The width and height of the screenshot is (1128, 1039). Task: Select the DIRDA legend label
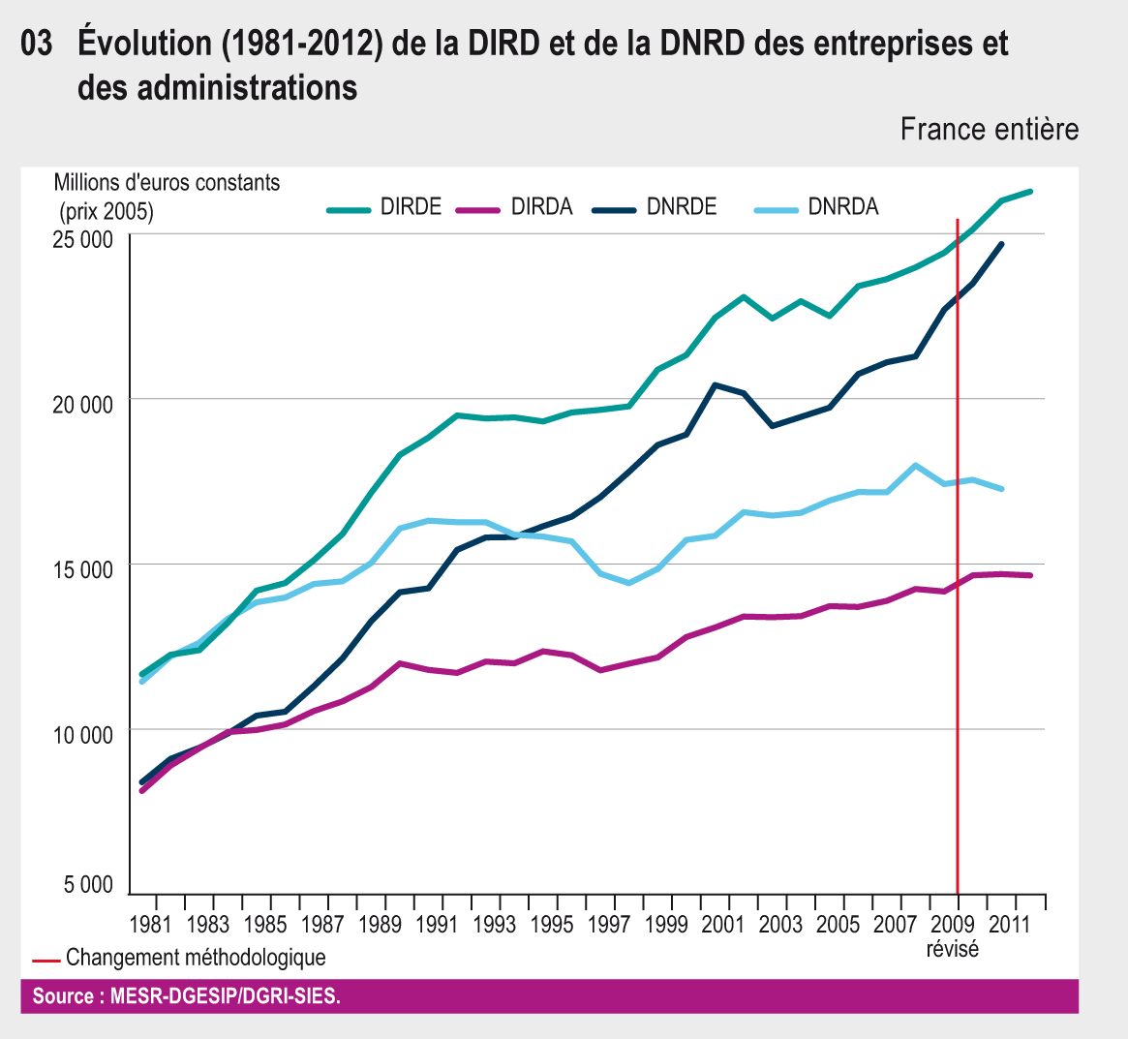pyautogui.click(x=541, y=206)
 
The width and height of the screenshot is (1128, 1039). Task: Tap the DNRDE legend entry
pyautogui.click(x=682, y=206)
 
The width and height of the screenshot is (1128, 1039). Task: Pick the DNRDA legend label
pyautogui.click(x=842, y=206)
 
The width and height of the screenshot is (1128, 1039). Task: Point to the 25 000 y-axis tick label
pyautogui.click(x=82, y=239)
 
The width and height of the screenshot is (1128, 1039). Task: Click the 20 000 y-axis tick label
pyautogui.click(x=82, y=404)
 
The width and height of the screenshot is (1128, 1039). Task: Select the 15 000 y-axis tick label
pyautogui.click(x=82, y=569)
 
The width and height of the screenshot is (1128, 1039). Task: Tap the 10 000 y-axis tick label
pyautogui.click(x=82, y=734)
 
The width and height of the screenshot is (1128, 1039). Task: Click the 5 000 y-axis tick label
pyautogui.click(x=89, y=884)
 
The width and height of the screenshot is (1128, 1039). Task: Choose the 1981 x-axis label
pyautogui.click(x=150, y=924)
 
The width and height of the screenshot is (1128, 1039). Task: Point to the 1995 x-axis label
pyautogui.click(x=552, y=924)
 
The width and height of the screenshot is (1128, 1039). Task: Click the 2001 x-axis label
pyautogui.click(x=723, y=924)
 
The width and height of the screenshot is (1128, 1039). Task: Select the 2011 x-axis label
pyautogui.click(x=1009, y=924)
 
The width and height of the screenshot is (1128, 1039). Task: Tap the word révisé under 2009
pyautogui.click(x=953, y=949)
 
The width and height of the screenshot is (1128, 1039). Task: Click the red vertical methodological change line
pyautogui.click(x=958, y=581)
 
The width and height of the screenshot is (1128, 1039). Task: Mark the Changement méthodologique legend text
pyautogui.click(x=196, y=958)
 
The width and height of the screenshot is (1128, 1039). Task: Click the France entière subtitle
pyautogui.click(x=989, y=129)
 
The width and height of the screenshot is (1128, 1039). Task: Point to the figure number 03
pyautogui.click(x=36, y=45)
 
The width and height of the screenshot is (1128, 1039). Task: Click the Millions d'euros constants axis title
pyautogui.click(x=167, y=182)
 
